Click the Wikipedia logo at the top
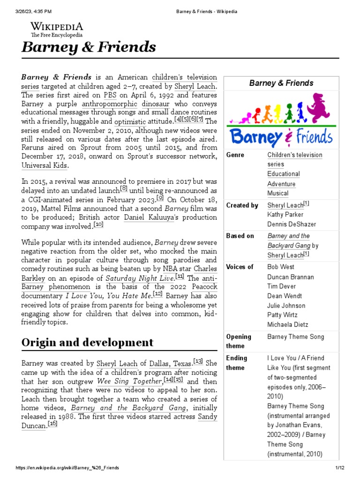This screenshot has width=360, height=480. (x=57, y=29)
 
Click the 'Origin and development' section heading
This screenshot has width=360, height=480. (x=87, y=342)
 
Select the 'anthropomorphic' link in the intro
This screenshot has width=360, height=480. (x=110, y=104)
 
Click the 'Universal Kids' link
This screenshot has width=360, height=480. (x=45, y=165)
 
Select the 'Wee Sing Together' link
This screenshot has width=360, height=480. (x=129, y=382)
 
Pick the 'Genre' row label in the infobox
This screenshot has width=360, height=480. (x=235, y=155)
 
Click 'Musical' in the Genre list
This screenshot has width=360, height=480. (x=278, y=193)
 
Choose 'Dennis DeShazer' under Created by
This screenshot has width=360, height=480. (x=292, y=224)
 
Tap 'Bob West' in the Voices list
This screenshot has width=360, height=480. (x=281, y=267)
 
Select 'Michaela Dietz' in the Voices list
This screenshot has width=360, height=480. (x=288, y=324)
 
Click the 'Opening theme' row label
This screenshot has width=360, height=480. (x=239, y=341)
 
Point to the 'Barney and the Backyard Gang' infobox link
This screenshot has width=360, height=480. (x=289, y=240)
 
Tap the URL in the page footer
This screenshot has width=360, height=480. (x=67, y=468)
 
